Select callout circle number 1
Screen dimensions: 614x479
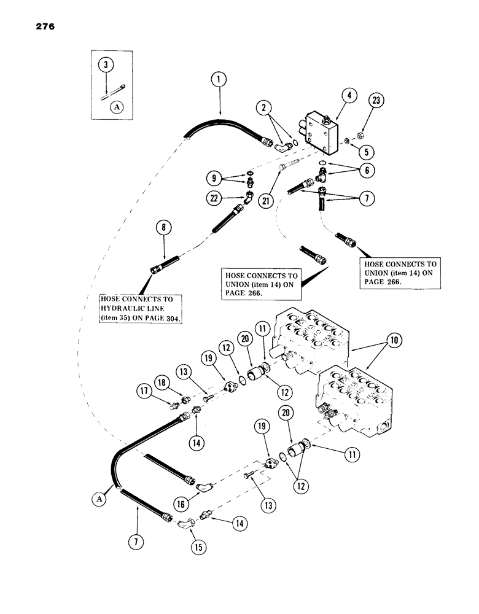click(216, 79)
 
